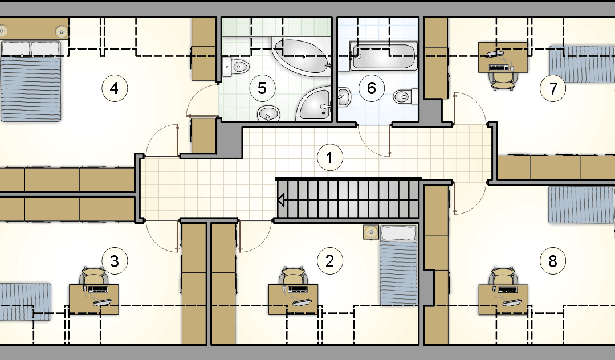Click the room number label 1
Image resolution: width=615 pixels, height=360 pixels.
(329, 158)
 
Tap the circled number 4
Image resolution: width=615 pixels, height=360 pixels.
(115, 89)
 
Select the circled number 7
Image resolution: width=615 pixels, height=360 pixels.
(553, 89)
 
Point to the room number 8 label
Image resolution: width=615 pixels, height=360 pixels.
(553, 261)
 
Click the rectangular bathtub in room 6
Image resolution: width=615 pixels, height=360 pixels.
(383, 56)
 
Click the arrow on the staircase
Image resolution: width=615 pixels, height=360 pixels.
(281, 200)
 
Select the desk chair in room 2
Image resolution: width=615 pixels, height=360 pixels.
(293, 276)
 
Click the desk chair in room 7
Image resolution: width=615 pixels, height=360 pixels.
(503, 81)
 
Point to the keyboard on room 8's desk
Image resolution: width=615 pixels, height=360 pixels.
(508, 290)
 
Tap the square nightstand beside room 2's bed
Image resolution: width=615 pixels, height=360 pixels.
(371, 232)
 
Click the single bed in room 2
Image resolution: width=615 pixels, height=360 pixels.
(398, 265)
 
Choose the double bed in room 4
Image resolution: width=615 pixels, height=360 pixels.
(31, 80)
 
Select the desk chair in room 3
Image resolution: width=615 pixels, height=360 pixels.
(94, 276)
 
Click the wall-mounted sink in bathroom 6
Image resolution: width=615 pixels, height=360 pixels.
(343, 96)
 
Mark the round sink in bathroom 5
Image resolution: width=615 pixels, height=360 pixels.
(268, 114)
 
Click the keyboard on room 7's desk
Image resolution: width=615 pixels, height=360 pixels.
(499, 67)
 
